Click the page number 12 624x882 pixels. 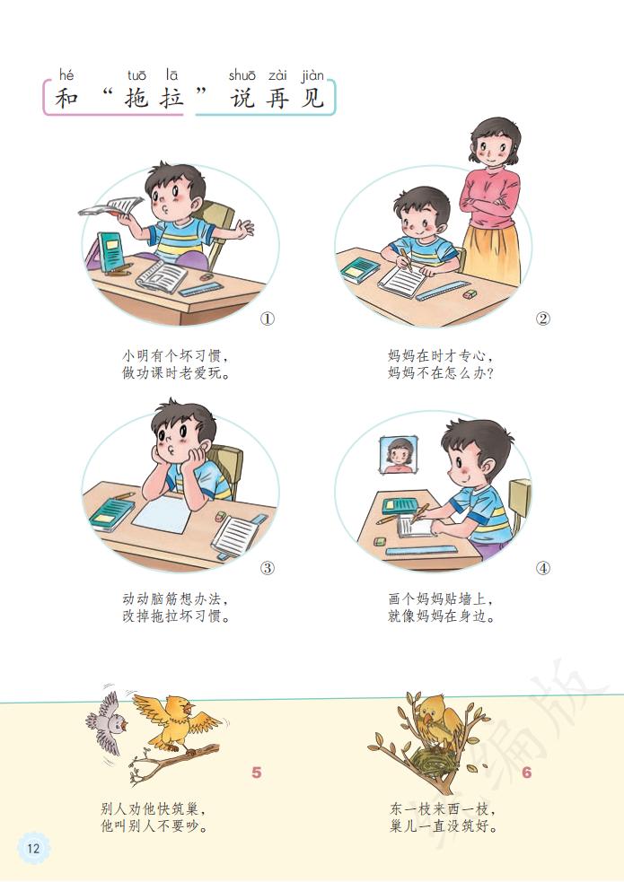coord(33,848)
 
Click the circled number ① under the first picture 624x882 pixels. coord(267,319)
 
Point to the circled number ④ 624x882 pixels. coord(542,568)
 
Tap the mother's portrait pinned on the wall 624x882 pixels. coord(399,456)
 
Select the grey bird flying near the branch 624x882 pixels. coord(108,719)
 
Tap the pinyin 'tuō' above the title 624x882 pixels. coord(137,75)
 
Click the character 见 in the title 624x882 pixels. coord(311,98)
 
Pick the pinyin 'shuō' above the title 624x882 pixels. coord(242,75)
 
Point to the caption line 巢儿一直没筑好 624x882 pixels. coord(444,826)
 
